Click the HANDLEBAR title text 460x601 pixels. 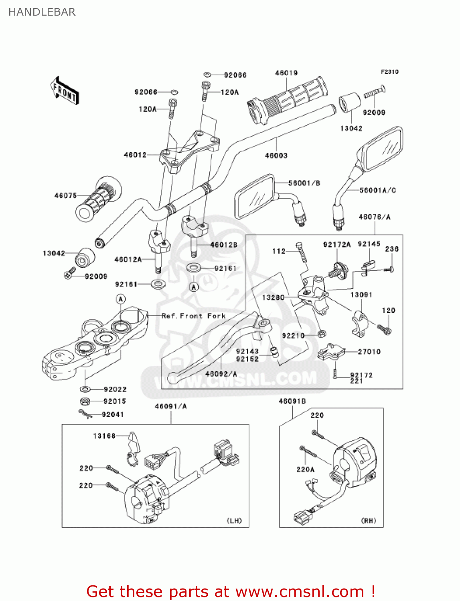tap(42, 12)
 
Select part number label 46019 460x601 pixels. tap(286, 73)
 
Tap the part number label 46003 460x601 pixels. tap(276, 155)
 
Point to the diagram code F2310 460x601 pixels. tap(389, 72)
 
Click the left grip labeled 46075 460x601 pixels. tap(99, 198)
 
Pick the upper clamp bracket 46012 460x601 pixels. tap(188, 150)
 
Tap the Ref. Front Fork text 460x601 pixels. tap(194, 316)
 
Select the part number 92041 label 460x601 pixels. tap(113, 414)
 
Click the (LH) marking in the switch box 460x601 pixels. tap(234, 520)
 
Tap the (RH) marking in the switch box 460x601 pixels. tap(369, 520)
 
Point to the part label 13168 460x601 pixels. tap(104, 436)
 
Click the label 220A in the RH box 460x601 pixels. tap(305, 469)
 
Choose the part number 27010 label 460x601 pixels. tap(369, 351)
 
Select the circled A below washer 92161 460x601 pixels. tap(194, 287)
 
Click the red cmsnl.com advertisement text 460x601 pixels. tap(231, 591)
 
